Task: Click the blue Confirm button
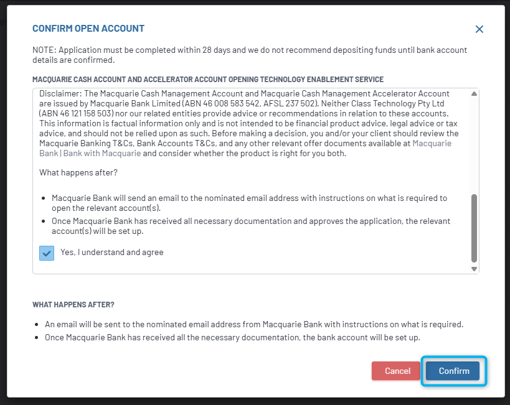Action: pos(453,371)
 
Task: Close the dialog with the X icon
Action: pos(479,29)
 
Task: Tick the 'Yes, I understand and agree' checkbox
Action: pos(47,253)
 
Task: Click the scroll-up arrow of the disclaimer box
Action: pos(474,94)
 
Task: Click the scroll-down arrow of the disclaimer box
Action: pos(474,269)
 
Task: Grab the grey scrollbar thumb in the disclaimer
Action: pos(474,227)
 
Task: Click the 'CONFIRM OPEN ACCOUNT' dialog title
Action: pos(88,29)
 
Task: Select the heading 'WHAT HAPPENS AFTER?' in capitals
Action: pos(73,305)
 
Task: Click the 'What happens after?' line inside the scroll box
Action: pos(78,172)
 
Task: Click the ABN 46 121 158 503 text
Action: pos(78,114)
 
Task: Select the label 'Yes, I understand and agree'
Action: pos(112,253)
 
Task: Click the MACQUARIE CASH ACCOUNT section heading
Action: pos(208,80)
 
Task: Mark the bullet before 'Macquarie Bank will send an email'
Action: pos(44,198)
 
